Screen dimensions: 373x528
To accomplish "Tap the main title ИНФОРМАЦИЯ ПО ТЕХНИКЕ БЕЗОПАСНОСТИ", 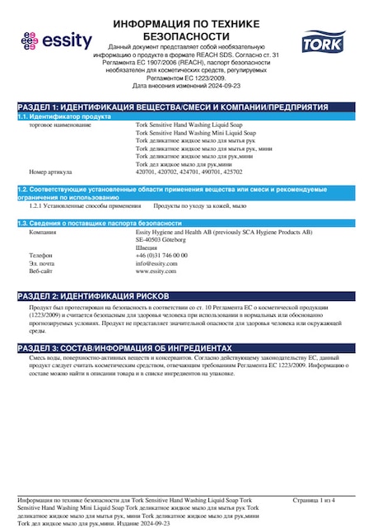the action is (x=186, y=31).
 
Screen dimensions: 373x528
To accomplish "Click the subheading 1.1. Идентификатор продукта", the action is (x=64, y=117).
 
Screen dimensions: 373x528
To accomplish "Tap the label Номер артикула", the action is (x=51, y=172).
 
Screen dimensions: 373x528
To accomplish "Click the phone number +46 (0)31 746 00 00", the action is (x=161, y=256).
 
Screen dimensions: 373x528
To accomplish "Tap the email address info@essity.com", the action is (x=156, y=263).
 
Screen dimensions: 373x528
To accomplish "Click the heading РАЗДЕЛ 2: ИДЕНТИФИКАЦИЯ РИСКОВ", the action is (x=95, y=295).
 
